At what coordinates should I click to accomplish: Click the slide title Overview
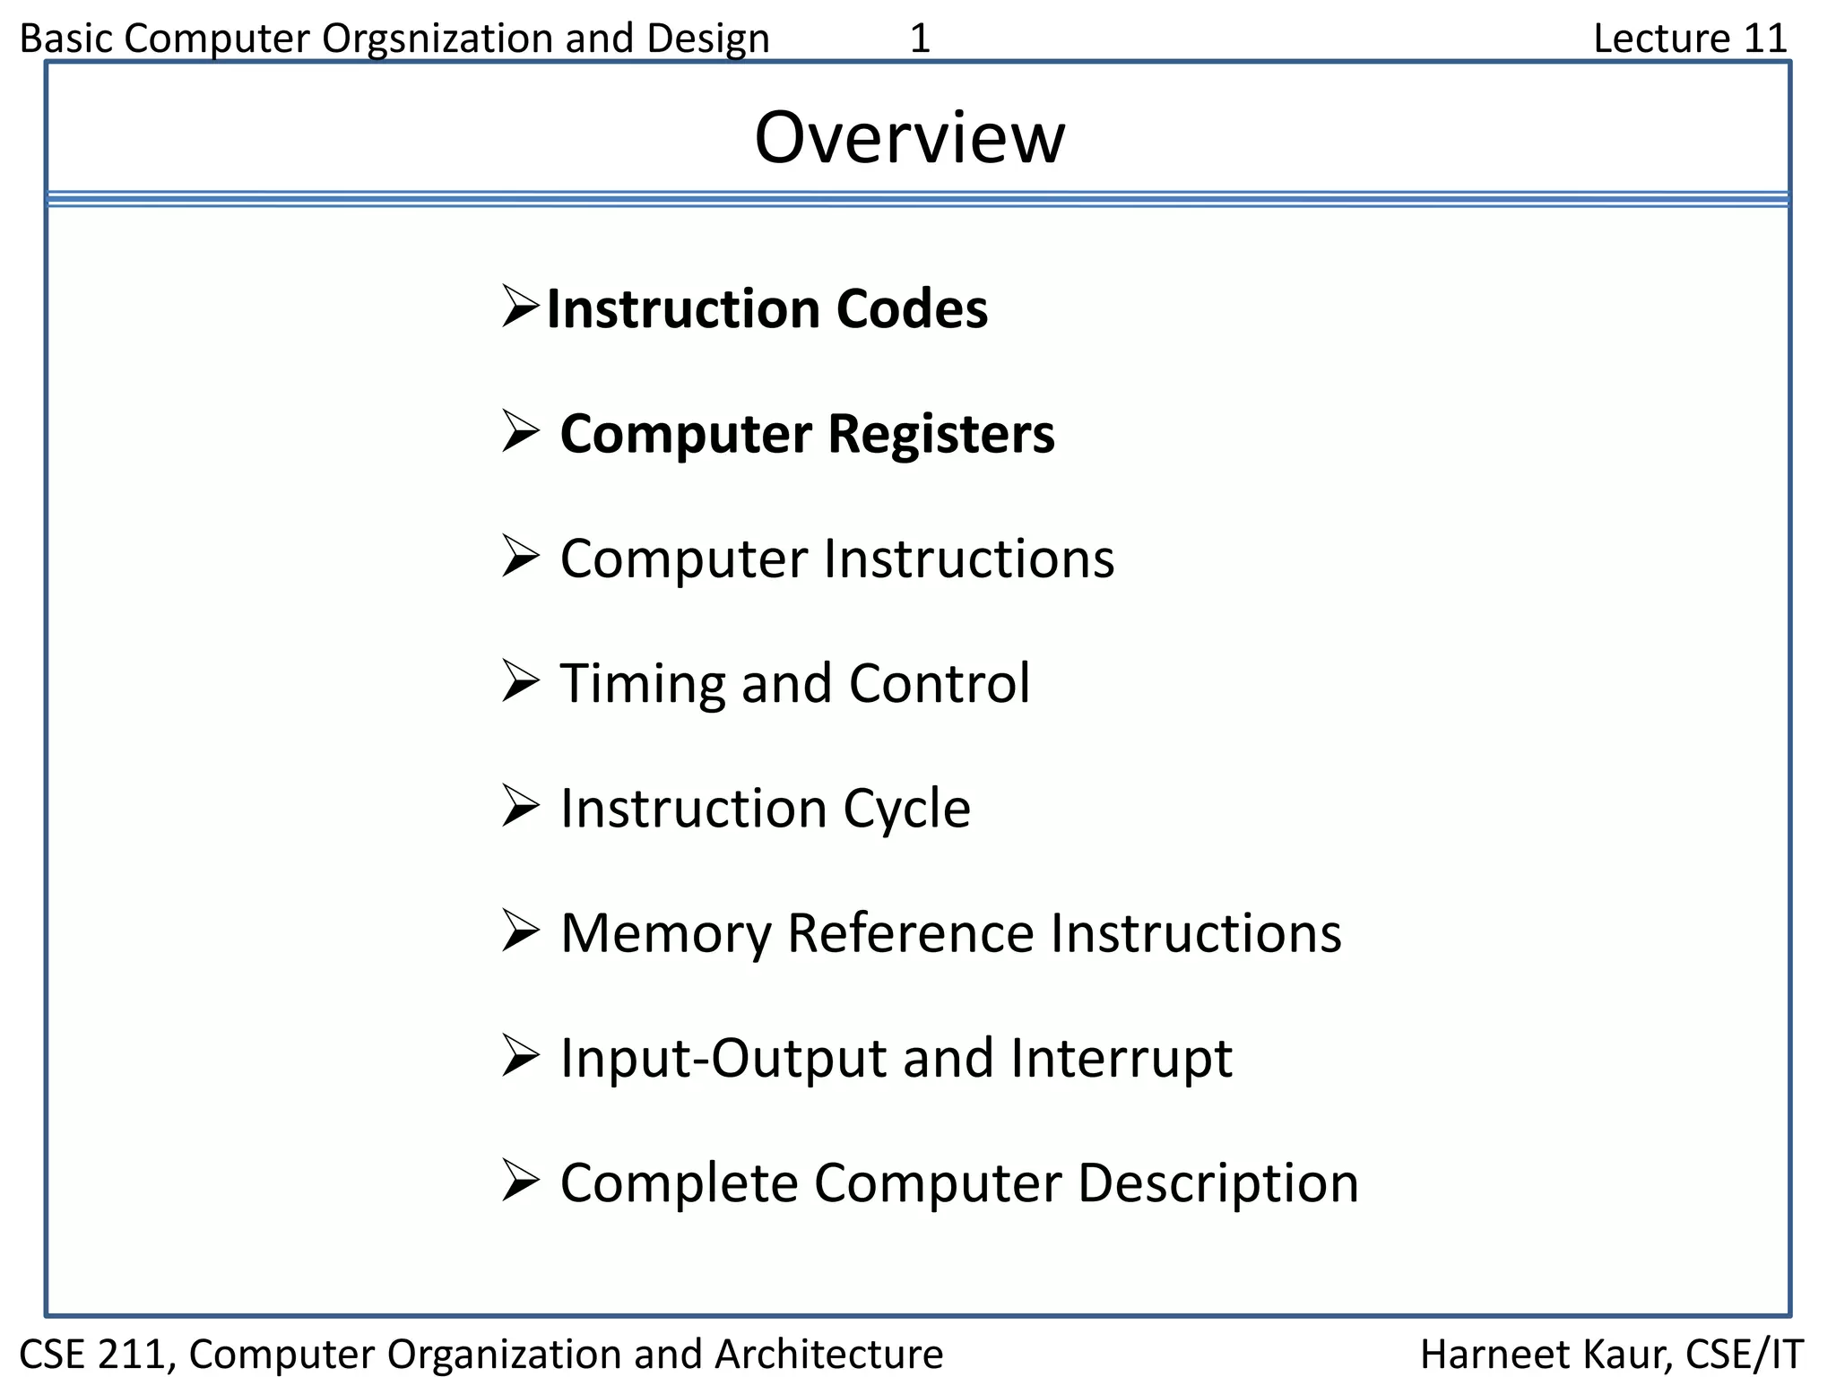[909, 138]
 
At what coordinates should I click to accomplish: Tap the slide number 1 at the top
[920, 39]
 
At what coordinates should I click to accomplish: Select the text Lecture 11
[1690, 39]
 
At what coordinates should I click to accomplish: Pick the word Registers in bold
[941, 434]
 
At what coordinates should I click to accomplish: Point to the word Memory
[664, 933]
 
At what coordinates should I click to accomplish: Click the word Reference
[910, 933]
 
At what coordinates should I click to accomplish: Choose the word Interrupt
[1121, 1058]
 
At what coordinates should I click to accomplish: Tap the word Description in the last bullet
[1217, 1183]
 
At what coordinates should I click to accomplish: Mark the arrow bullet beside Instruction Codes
[520, 307]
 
